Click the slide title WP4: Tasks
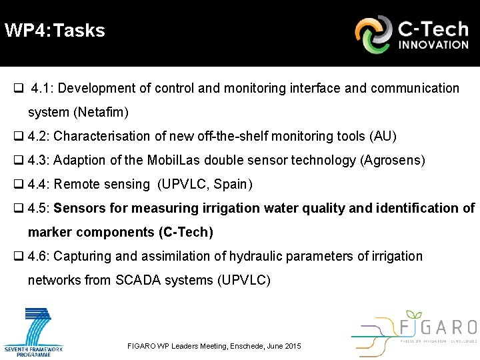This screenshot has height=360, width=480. (55, 31)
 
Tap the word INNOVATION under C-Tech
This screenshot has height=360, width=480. (433, 45)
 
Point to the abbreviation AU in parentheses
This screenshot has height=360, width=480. (383, 136)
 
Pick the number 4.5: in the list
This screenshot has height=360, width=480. (39, 208)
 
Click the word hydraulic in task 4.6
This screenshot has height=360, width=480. (261, 256)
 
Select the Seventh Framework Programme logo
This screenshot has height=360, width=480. (33, 331)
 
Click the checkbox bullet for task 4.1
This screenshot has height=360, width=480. (19, 89)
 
